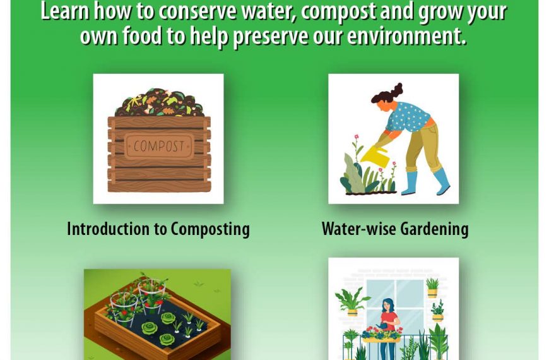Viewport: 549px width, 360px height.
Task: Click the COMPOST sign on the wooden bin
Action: point(158,146)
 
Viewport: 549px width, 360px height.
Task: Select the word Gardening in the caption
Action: point(434,229)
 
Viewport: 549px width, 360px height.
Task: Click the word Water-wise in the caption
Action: point(359,229)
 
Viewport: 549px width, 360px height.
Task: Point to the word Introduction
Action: point(109,229)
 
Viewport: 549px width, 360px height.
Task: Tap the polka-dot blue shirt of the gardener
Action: point(407,117)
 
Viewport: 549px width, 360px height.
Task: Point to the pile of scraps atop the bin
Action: point(159,102)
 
